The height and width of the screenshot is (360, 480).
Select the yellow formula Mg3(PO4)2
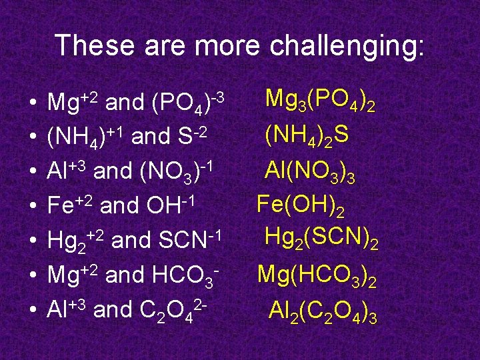(x=319, y=102)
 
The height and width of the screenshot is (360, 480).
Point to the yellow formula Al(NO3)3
(x=309, y=172)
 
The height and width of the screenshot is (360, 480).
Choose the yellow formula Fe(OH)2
(x=301, y=206)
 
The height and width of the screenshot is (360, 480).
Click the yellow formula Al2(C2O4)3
(x=323, y=309)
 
